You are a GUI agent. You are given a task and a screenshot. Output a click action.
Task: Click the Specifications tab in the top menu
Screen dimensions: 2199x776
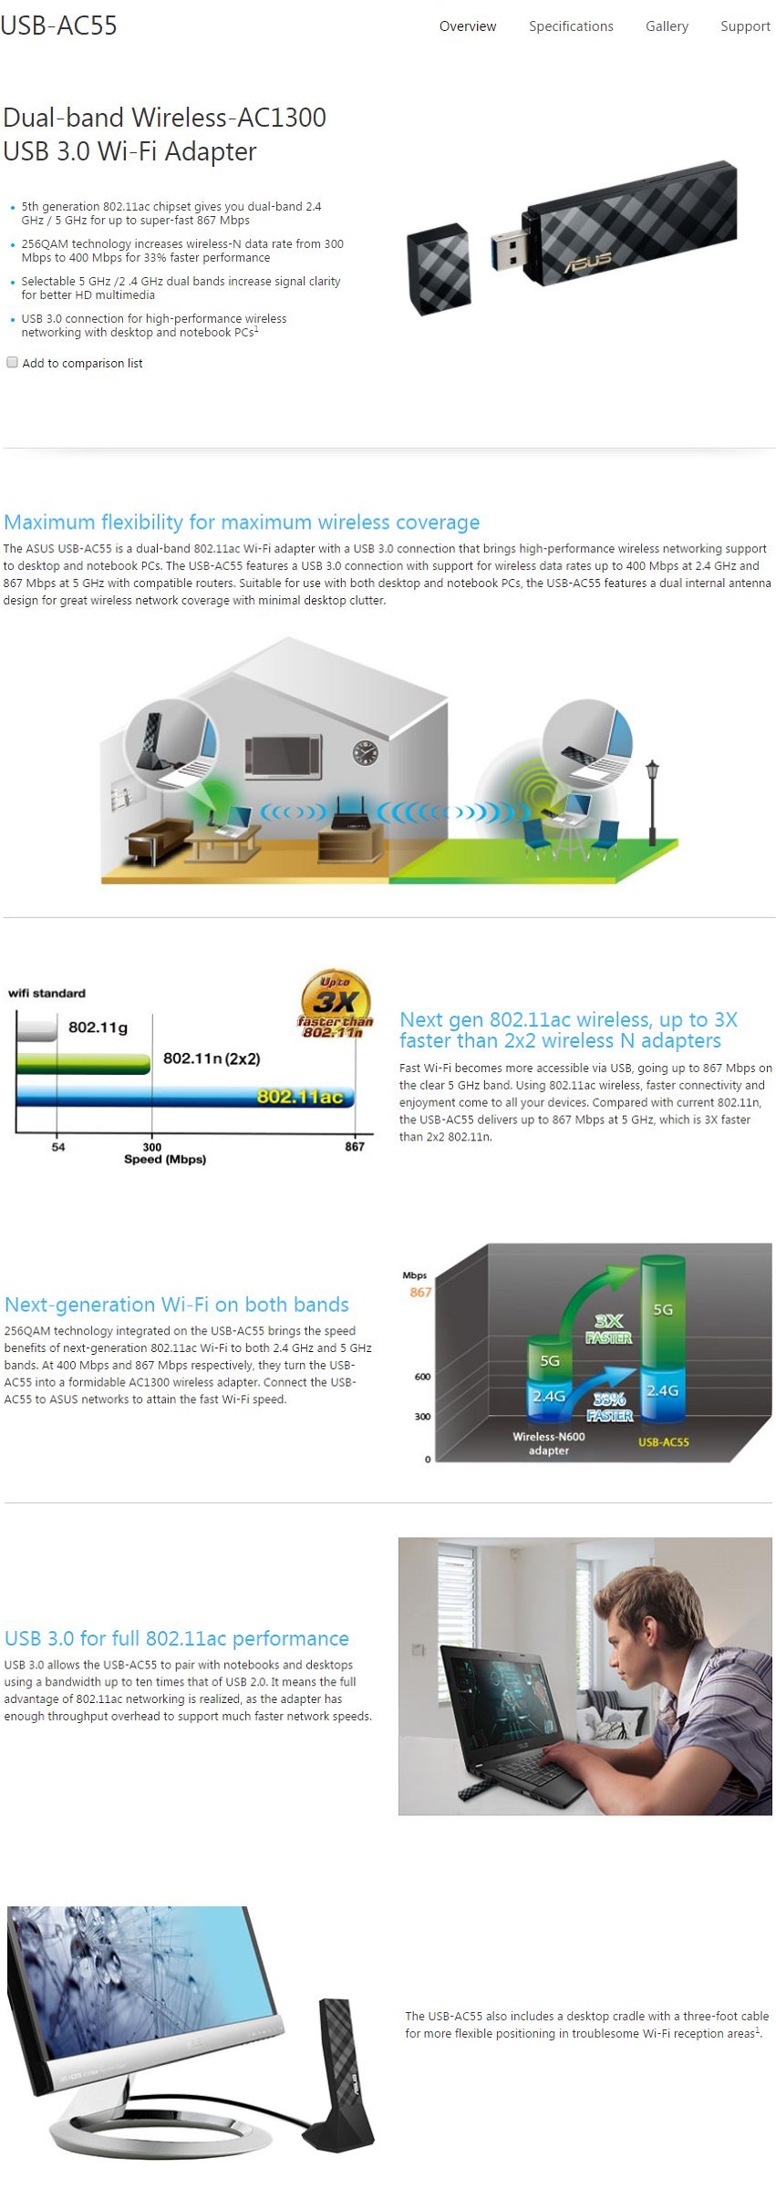point(571,26)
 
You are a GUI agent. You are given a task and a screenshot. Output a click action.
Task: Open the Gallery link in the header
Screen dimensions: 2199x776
point(667,26)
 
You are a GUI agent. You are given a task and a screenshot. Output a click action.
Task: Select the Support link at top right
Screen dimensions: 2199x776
point(745,26)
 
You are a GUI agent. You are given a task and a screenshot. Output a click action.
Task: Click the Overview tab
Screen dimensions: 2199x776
point(468,26)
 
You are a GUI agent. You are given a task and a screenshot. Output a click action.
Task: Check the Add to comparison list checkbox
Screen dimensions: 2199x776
point(13,362)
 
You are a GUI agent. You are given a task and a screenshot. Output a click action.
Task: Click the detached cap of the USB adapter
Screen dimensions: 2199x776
point(440,271)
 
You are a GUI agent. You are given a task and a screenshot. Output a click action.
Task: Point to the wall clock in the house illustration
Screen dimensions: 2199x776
point(365,752)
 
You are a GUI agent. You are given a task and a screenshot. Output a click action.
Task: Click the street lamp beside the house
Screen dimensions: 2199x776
point(652,802)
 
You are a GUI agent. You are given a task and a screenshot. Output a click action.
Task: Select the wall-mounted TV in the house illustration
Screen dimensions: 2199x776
point(284,755)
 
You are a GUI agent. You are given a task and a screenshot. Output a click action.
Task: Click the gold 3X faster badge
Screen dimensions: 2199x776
point(336,1004)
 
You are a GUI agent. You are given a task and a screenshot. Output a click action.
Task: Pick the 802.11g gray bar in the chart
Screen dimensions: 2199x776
point(37,1028)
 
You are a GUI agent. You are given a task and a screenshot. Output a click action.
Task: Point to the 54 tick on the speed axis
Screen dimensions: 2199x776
point(58,1146)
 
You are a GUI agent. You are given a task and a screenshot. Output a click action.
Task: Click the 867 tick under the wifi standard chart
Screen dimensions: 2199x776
point(355,1146)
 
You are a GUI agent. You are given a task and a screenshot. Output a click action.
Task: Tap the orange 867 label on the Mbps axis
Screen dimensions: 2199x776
point(420,1292)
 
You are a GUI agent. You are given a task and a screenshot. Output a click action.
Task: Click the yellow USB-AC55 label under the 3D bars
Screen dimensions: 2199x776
point(663,1441)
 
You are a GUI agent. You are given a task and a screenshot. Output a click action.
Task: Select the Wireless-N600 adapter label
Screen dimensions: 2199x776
point(549,1442)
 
